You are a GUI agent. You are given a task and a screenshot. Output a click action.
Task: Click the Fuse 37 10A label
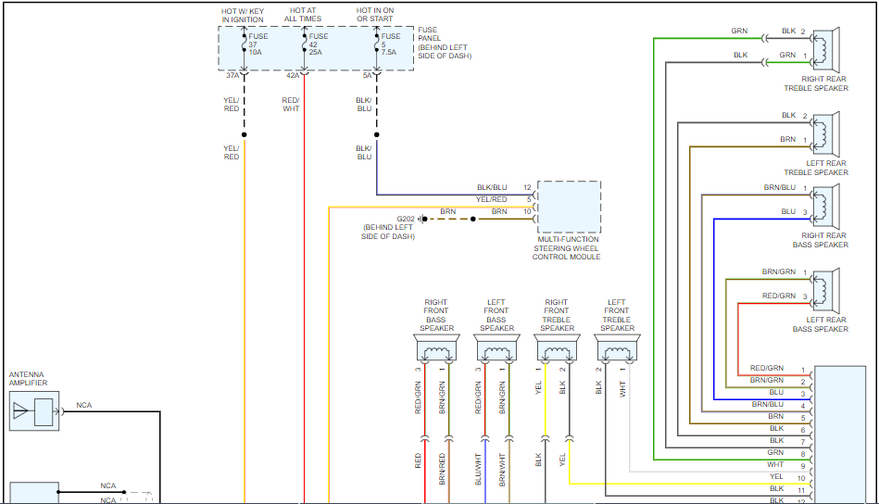pyautogui.click(x=257, y=44)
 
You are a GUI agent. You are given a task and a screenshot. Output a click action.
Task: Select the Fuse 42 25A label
pyautogui.click(x=319, y=44)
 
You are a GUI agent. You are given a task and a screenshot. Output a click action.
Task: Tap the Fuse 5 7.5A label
pyautogui.click(x=391, y=44)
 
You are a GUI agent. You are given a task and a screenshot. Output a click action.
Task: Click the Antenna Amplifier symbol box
pyautogui.click(x=34, y=411)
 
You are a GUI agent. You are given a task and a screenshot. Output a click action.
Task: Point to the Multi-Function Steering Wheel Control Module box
pyautogui.click(x=569, y=207)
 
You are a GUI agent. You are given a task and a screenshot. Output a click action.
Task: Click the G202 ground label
pyautogui.click(x=406, y=220)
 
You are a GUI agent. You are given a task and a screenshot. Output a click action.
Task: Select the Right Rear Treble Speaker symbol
pyautogui.click(x=826, y=49)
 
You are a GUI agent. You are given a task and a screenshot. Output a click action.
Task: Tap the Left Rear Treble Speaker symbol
pyautogui.click(x=826, y=133)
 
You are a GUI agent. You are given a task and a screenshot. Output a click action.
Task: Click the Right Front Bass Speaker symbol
pyautogui.click(x=436, y=347)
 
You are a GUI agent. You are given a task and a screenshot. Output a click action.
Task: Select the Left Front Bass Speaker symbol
pyautogui.click(x=496, y=347)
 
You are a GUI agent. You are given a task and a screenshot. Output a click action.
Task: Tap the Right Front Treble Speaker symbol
pyautogui.click(x=558, y=347)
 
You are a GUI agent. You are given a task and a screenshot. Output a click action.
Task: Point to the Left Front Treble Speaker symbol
pyautogui.click(x=617, y=347)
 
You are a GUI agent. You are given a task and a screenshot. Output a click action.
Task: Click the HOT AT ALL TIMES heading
pyautogui.click(x=303, y=15)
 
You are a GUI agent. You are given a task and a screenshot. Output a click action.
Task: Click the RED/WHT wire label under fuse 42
pyautogui.click(x=291, y=105)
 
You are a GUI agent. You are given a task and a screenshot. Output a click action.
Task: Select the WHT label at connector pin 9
pyautogui.click(x=775, y=464)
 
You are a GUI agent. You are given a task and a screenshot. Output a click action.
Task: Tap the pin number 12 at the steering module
pyautogui.click(x=527, y=187)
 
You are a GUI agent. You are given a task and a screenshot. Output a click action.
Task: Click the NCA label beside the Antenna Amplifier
pyautogui.click(x=84, y=405)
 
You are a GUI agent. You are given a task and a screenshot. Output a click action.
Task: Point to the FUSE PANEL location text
pyautogui.click(x=445, y=43)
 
